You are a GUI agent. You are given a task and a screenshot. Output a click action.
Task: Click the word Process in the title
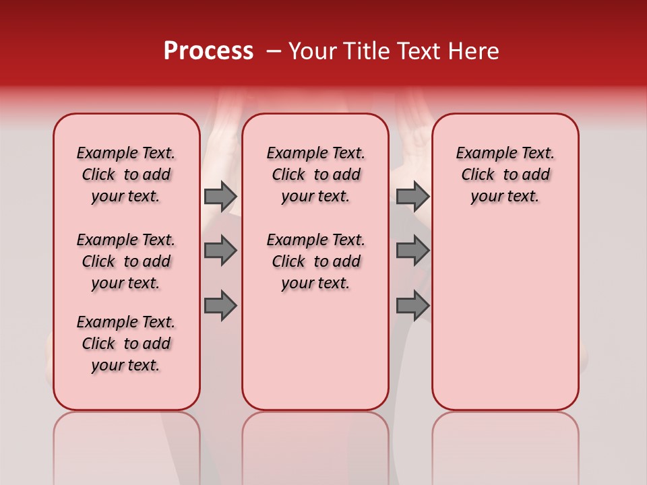[208, 51]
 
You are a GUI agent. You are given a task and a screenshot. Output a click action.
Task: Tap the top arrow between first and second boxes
[220, 196]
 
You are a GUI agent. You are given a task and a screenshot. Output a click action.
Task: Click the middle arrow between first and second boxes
[220, 251]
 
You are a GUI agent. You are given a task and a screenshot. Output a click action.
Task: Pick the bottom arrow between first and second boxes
[220, 306]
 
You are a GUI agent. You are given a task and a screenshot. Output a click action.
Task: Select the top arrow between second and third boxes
[412, 196]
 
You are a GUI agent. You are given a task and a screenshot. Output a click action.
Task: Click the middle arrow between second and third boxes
[412, 251]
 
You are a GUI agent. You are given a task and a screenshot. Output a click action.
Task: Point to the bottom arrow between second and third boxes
[412, 306]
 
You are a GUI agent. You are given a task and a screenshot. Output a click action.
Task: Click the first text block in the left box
[126, 174]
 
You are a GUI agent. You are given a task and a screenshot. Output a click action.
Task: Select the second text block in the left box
[126, 261]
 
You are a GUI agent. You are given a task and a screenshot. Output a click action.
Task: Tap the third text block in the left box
[126, 344]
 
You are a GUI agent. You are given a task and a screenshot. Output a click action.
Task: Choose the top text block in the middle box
[315, 174]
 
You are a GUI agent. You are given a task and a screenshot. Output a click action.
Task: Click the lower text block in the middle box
[315, 261]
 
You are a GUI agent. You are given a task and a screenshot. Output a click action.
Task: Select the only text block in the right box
[505, 174]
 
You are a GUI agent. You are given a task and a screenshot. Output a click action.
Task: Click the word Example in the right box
[481, 154]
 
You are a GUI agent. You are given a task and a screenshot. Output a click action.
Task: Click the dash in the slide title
[274, 52]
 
